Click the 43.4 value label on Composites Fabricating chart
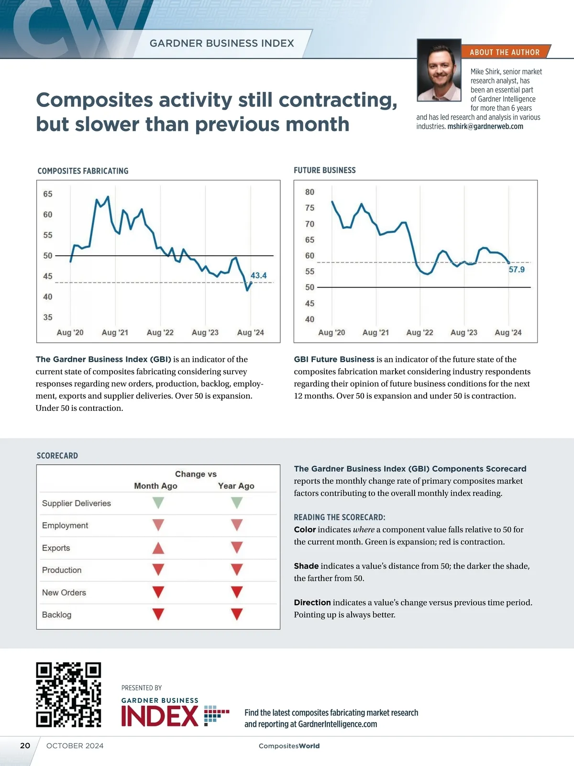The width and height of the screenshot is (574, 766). click(x=258, y=275)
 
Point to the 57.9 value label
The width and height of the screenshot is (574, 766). click(x=516, y=270)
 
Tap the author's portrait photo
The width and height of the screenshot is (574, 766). click(x=439, y=70)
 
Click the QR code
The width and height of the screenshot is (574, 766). click(x=68, y=695)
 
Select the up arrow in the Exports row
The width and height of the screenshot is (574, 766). click(x=158, y=548)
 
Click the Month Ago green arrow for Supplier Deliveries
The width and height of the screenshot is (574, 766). click(x=158, y=503)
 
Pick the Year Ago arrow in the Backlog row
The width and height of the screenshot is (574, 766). click(x=237, y=614)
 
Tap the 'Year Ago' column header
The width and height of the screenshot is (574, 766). click(x=236, y=485)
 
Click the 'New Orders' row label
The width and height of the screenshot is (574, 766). click(x=64, y=592)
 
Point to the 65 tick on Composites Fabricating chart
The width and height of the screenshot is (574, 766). click(x=48, y=194)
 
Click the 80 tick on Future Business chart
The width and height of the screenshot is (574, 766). click(x=309, y=192)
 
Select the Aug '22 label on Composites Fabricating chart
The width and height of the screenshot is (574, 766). click(x=160, y=332)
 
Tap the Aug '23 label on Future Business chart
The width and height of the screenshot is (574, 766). click(x=464, y=332)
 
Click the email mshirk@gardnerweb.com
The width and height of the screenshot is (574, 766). click(x=485, y=126)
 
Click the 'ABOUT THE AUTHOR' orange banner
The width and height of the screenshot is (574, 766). click(x=505, y=52)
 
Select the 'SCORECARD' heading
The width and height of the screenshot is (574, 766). click(x=57, y=455)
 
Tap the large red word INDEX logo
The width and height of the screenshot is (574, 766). click(x=160, y=716)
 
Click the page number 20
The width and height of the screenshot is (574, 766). click(x=25, y=745)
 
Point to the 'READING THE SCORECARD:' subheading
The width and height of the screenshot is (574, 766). click(x=339, y=517)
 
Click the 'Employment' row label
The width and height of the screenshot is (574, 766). click(x=65, y=525)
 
